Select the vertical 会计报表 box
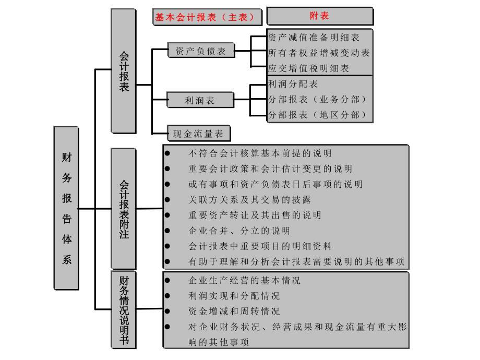pos(124,70)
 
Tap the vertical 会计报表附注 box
pos(124,209)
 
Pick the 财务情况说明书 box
pos(124,310)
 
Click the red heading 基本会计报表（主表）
pos(207,17)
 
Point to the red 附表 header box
pos(320,16)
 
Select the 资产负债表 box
pos(201,51)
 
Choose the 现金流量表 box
pos(198,134)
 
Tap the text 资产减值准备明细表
pos(313,38)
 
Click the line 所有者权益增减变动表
pos(318,53)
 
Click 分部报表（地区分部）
pos(317,115)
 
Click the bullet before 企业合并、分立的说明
pos(167,231)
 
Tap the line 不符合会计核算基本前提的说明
pos(260,153)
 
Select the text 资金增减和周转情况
pos(234,311)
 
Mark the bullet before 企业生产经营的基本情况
pos(167,280)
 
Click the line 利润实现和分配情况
pos(234,296)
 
